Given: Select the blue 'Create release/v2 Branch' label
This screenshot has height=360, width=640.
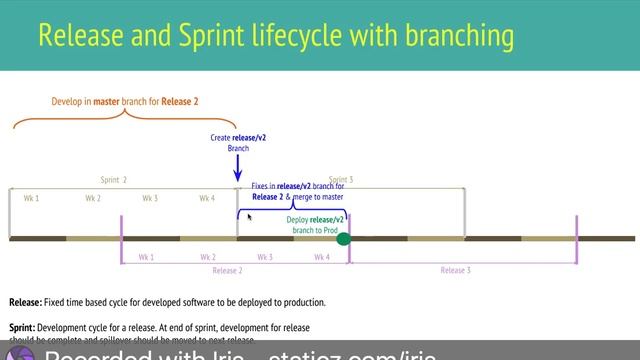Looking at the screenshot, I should [x=237, y=142].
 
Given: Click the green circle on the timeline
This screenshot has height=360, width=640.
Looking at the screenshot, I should [x=343, y=238].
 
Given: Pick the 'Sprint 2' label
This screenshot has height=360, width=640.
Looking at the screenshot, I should [x=113, y=180].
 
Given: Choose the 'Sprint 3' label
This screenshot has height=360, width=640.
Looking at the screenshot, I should [x=341, y=180].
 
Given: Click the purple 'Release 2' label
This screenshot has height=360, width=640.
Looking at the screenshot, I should [x=227, y=270].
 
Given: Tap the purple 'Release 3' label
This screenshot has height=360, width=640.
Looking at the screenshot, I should [x=456, y=270].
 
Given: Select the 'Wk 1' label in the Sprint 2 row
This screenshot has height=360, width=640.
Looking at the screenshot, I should [x=31, y=198].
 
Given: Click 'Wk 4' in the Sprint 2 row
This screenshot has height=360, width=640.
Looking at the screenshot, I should [x=207, y=198].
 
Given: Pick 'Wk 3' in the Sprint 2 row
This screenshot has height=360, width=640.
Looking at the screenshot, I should [x=150, y=198].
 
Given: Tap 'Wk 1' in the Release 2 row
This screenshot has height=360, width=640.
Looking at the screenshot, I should [x=146, y=257].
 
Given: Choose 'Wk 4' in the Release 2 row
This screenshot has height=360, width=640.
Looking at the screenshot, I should [x=321, y=257].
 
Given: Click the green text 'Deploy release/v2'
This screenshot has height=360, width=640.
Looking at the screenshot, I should [x=315, y=219].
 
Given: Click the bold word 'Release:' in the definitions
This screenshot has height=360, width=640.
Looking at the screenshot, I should [x=25, y=302].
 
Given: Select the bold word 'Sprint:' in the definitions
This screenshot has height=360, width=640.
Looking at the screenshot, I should [x=24, y=328].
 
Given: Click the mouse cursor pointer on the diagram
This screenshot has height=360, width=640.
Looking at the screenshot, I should [x=250, y=216].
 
